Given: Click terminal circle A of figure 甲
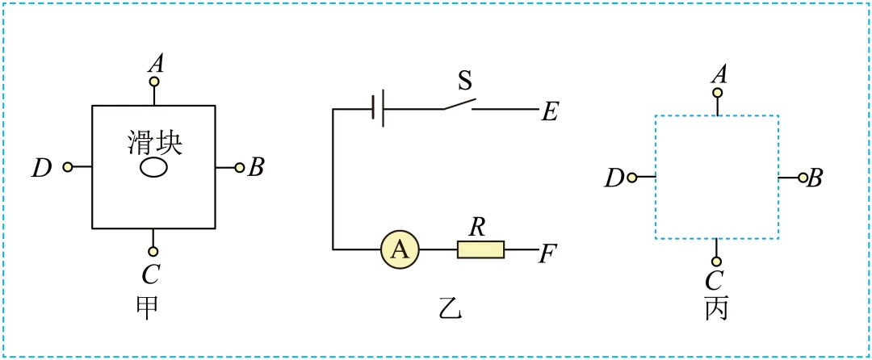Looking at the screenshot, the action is click(154, 82).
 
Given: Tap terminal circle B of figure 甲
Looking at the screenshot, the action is click(240, 167).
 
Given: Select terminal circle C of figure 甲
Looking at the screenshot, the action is click(154, 252).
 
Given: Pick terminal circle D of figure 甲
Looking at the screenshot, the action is click(68, 166).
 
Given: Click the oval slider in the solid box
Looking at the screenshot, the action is click(153, 167).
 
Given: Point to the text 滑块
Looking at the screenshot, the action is click(154, 142).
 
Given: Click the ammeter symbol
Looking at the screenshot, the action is click(400, 250).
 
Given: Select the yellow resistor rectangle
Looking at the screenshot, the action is click(481, 250).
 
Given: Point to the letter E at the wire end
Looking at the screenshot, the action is click(548, 113).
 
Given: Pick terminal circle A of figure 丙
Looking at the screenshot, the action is click(718, 93).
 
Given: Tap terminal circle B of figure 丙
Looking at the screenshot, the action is click(803, 178).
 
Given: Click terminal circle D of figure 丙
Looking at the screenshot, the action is click(631, 178).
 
